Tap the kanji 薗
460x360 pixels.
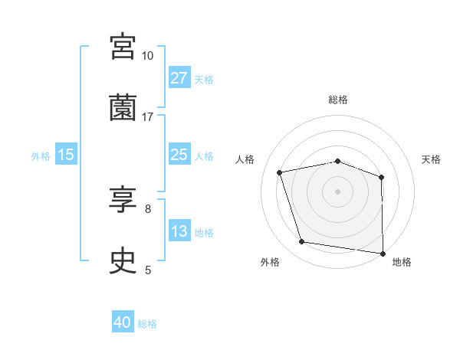point(123,109)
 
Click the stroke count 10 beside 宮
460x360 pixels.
point(147,56)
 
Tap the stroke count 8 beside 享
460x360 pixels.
point(147,208)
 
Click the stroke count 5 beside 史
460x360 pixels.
point(147,270)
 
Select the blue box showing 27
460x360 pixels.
point(179,78)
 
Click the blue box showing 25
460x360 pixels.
point(179,155)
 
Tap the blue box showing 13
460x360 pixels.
point(179,231)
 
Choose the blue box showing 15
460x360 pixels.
point(66,155)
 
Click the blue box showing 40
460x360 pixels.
point(123,323)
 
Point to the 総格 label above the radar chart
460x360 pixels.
point(338,100)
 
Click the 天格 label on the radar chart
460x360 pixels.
point(431,159)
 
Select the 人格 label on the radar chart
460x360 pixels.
point(245,159)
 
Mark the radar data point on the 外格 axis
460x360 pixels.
point(302,242)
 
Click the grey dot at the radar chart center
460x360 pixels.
point(338,191)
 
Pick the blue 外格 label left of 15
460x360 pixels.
point(41,155)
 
